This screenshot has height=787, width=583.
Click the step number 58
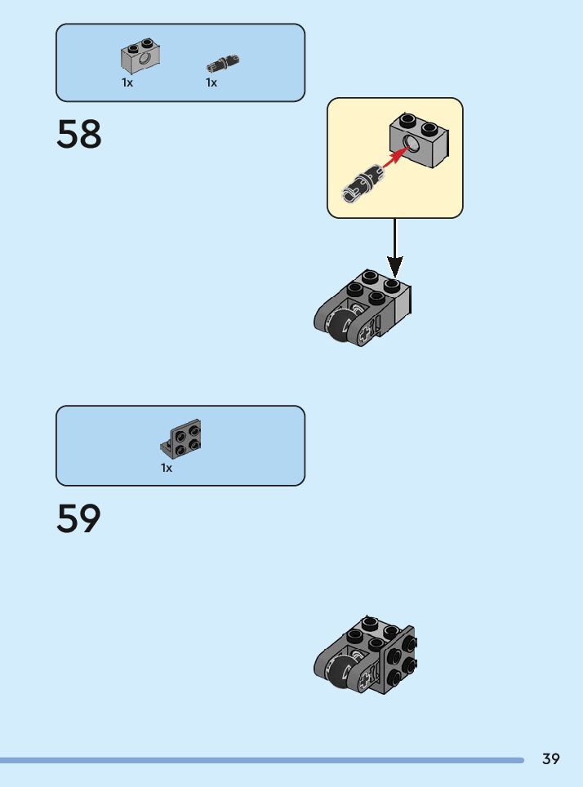tap(79, 134)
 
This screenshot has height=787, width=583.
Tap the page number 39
tap(551, 758)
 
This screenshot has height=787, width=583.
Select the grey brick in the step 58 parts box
tap(140, 56)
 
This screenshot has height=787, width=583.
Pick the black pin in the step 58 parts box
tap(223, 64)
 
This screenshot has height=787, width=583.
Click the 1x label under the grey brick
tap(127, 82)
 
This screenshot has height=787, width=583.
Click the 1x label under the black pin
tap(211, 82)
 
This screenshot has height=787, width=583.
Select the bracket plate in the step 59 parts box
tap(180, 438)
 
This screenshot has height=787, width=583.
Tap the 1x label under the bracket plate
tap(167, 468)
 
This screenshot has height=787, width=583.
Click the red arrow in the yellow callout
tap(396, 157)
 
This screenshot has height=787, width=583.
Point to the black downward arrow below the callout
tap(394, 247)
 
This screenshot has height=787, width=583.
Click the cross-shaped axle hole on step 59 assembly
tap(366, 678)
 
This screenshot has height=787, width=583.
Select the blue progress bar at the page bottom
tap(261, 760)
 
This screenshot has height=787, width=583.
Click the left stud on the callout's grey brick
tap(407, 121)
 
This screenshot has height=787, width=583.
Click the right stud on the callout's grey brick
tap(430, 129)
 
